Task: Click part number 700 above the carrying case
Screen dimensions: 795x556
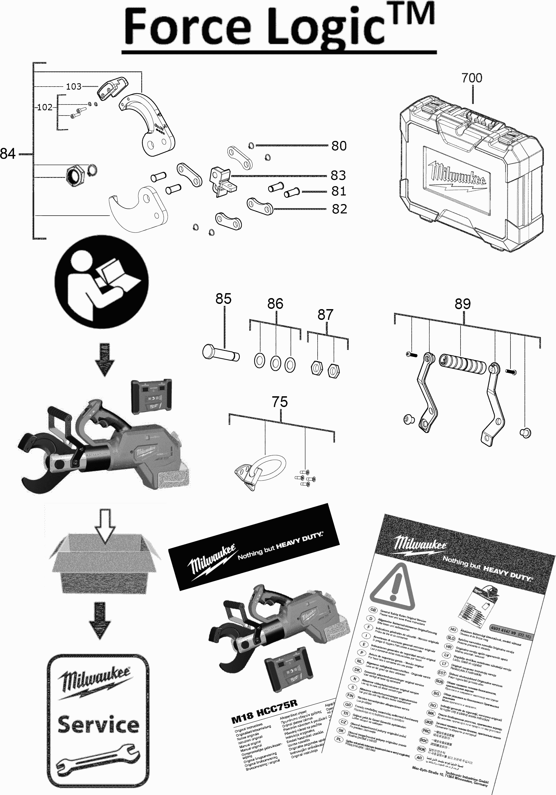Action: (x=472, y=78)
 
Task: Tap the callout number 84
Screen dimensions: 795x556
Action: (x=8, y=153)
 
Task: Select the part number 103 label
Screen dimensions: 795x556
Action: (x=73, y=86)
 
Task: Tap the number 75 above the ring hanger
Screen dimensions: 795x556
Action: (x=280, y=402)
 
